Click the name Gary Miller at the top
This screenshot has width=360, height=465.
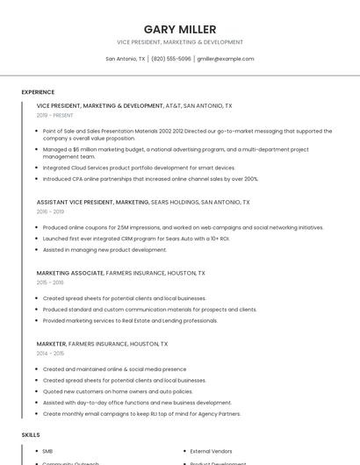coord(180,29)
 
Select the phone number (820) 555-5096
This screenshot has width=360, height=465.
coord(171,59)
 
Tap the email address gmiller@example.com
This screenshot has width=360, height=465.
coord(226,59)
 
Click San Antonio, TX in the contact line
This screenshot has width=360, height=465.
coord(126,59)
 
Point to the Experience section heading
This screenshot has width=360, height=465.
coord(38,92)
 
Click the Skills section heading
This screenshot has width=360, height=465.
coord(31,434)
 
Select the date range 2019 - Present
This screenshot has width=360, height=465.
coord(55,115)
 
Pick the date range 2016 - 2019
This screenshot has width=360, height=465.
coord(50,211)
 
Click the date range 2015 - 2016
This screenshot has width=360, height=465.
coord(50,283)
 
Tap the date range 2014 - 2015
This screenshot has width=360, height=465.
coord(50,353)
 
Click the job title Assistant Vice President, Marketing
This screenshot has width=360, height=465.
coord(92,202)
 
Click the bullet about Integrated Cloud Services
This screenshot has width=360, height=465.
coord(139,168)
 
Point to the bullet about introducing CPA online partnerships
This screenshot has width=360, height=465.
coord(150,179)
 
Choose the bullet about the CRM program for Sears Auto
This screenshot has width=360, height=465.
coord(135,238)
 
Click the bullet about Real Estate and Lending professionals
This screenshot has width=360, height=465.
coord(130,320)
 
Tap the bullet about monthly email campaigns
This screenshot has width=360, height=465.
coord(141,413)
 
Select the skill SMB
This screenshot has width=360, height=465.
coord(47,451)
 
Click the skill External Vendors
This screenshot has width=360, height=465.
coord(212,451)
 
